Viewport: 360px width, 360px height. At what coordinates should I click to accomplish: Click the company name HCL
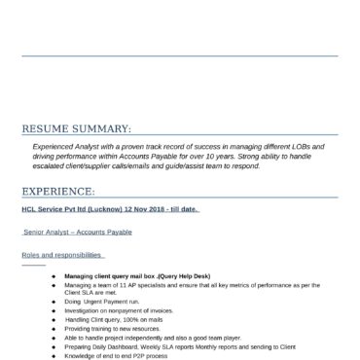point(30,208)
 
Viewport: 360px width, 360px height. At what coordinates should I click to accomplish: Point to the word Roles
point(31,255)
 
